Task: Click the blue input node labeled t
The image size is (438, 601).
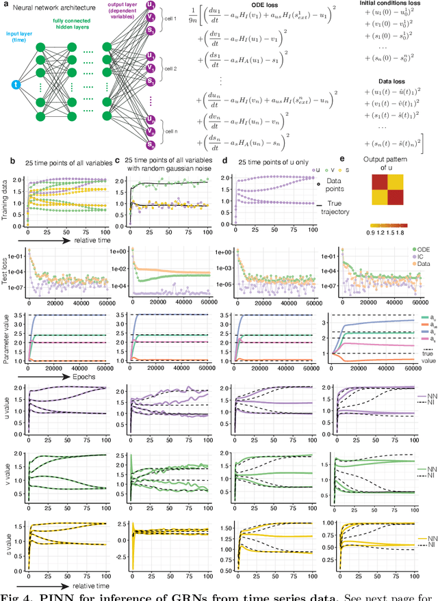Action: pyautogui.click(x=16, y=84)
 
